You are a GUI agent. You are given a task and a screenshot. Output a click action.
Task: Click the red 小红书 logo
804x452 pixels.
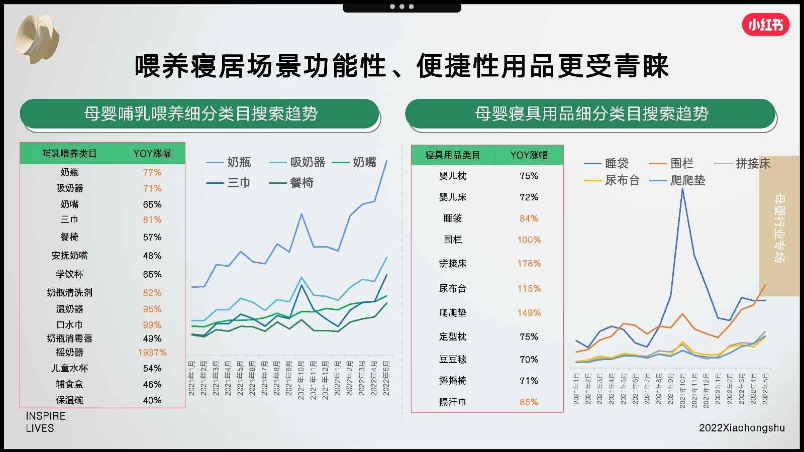click(x=765, y=25)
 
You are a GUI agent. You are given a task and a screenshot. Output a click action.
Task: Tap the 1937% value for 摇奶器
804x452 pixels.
click(x=152, y=353)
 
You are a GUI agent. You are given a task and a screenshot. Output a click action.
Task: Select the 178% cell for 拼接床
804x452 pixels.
click(x=529, y=264)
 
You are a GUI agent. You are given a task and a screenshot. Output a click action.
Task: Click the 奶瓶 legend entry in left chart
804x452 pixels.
click(x=229, y=162)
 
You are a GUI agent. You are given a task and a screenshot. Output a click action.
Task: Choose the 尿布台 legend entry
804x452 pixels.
click(x=612, y=180)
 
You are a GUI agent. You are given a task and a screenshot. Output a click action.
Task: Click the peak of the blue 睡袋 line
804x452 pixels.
click(x=682, y=189)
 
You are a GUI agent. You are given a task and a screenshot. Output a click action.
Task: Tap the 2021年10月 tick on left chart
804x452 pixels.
click(x=301, y=380)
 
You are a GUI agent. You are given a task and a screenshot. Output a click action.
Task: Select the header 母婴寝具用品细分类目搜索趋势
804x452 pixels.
click(x=591, y=114)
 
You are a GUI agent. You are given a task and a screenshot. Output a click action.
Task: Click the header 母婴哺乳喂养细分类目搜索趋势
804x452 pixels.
click(x=200, y=114)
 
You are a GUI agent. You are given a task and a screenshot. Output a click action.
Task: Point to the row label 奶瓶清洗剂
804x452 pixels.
click(x=69, y=293)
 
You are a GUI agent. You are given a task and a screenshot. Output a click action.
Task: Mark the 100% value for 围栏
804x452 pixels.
click(x=529, y=240)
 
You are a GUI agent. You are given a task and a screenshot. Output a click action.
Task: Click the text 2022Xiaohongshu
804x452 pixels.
click(x=742, y=428)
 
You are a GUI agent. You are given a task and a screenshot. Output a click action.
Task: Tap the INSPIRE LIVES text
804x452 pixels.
click(x=46, y=422)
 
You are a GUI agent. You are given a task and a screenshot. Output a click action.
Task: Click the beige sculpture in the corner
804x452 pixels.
click(x=37, y=39)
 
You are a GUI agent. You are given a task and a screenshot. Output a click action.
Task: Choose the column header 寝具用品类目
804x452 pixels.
click(x=453, y=155)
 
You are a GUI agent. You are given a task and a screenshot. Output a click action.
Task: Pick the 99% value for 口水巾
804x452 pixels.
click(x=152, y=325)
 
